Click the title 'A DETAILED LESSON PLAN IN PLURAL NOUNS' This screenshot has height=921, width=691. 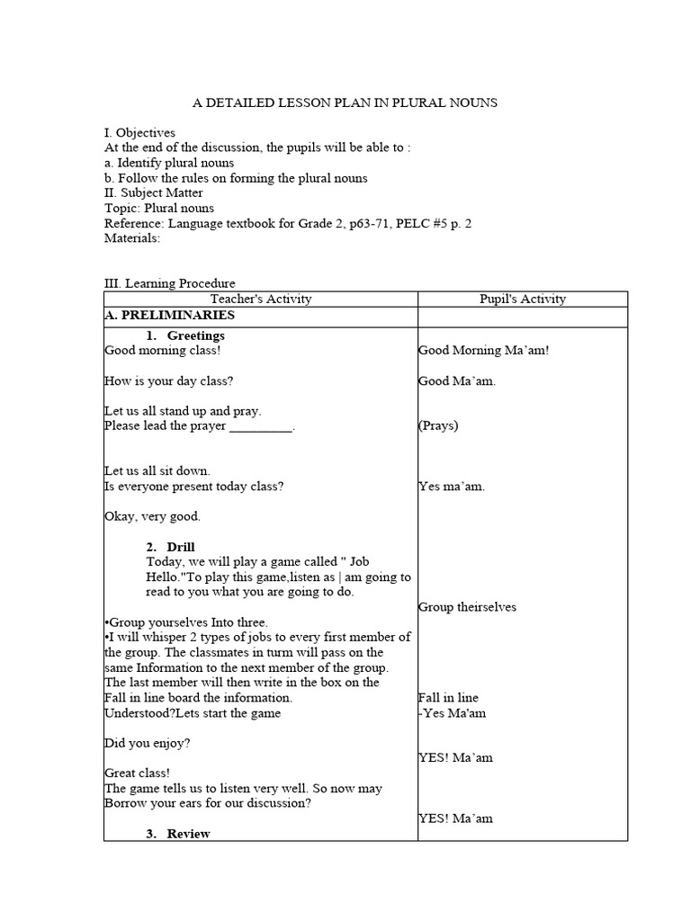coord(346,103)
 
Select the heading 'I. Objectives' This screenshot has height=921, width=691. coord(139,132)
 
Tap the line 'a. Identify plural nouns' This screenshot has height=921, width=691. coord(169,163)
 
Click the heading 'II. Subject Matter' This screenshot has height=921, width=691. coord(154,192)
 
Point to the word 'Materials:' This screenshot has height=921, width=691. coord(132,238)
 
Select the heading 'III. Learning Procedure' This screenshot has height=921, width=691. coord(170,283)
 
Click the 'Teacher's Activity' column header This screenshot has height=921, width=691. coord(260,299)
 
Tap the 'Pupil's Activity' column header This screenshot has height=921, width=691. coord(523,299)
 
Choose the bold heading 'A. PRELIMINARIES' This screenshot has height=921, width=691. coord(170,316)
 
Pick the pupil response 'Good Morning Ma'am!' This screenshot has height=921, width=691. coord(483,351)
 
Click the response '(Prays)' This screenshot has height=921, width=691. coord(438,425)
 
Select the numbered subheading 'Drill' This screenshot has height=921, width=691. coord(181,547)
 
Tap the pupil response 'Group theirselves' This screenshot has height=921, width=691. coord(467,607)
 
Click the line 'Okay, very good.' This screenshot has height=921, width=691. coord(153,516)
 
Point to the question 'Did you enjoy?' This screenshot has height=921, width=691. coord(148,743)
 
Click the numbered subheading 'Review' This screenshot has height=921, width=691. coord(188,834)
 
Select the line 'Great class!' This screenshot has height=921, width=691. coord(137,773)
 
